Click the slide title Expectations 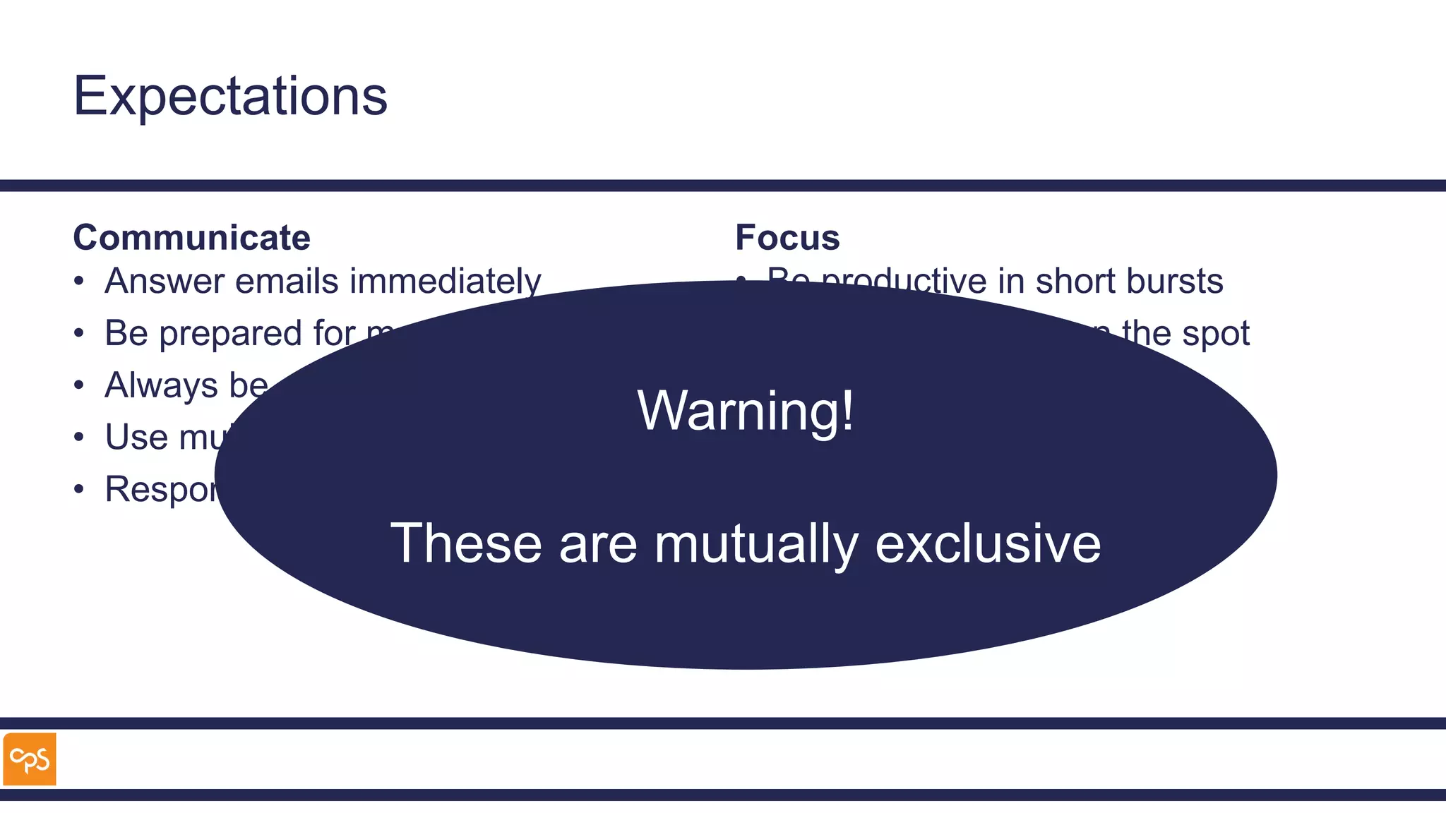point(230,96)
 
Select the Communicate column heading point(191,238)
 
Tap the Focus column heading point(787,238)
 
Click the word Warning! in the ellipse point(746,411)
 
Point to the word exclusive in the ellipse point(988,544)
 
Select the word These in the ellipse point(466,544)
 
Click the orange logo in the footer point(30,759)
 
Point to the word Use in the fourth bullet point(137,438)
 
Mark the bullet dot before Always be point(79,385)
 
